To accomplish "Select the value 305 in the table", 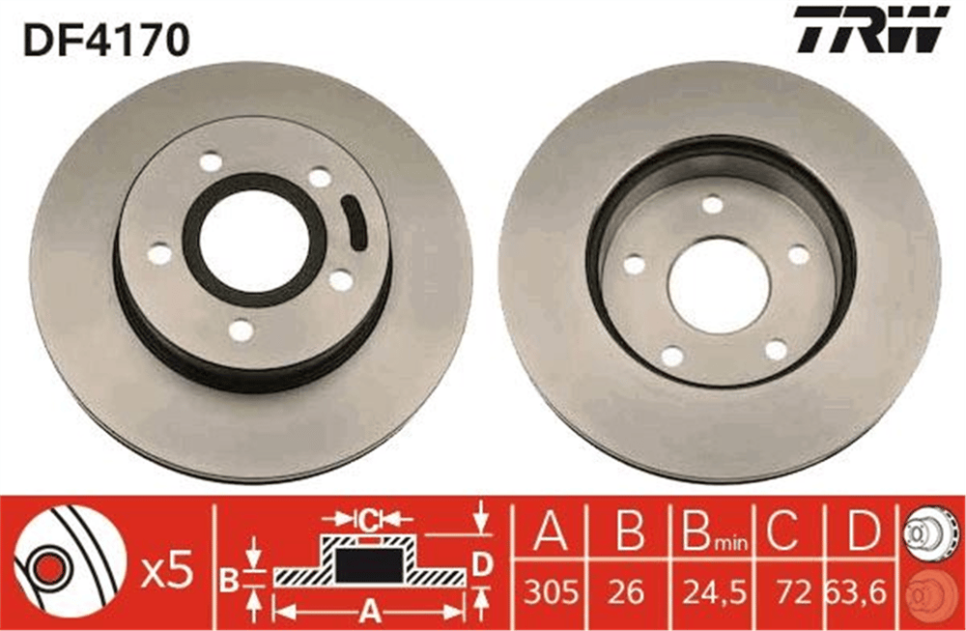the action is (552, 592).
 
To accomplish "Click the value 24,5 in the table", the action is (714, 592).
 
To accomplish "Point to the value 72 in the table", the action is (792, 592).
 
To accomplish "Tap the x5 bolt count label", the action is (167, 574).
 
